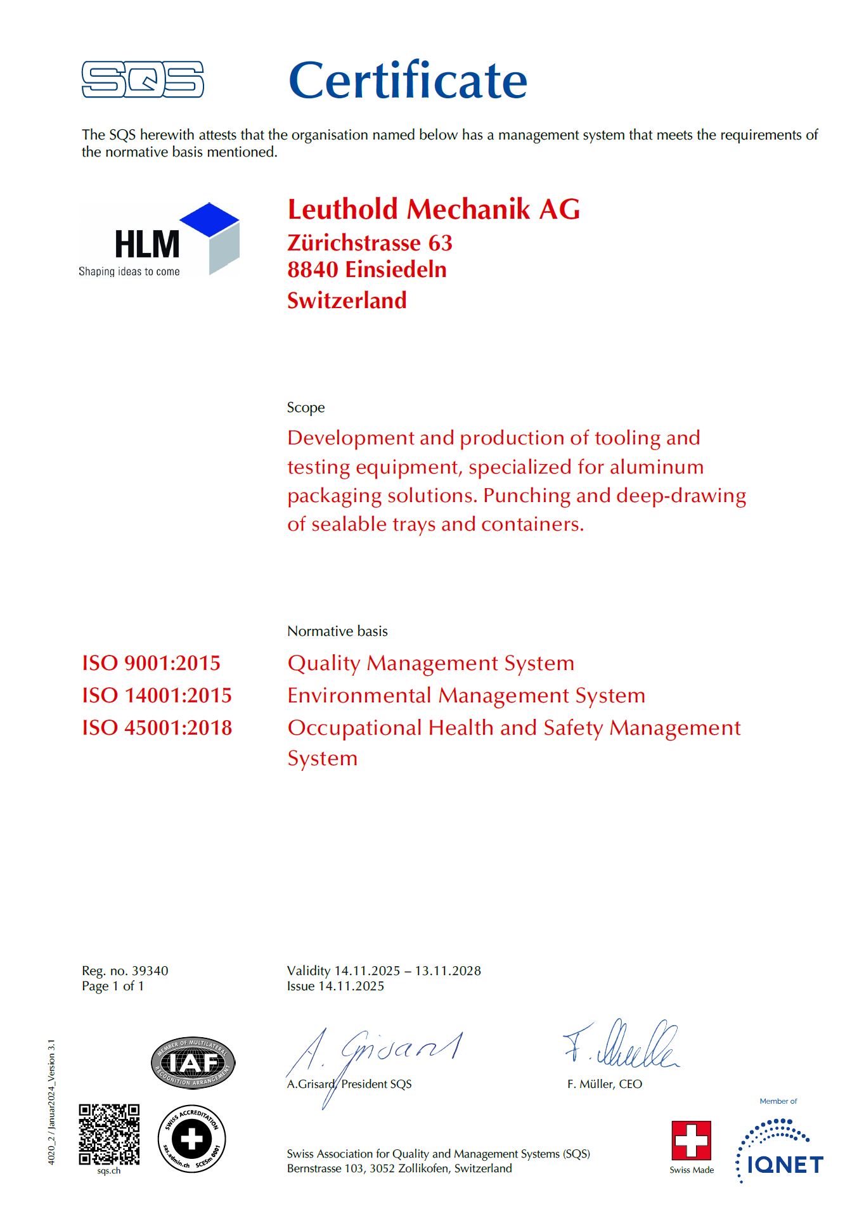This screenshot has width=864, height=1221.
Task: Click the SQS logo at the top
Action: [x=143, y=79]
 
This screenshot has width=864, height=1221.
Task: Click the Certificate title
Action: [x=408, y=81]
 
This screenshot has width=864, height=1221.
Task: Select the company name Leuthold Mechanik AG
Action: [x=434, y=209]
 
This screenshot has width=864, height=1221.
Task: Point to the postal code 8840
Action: [x=313, y=269]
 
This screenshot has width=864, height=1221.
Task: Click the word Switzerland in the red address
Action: [x=347, y=300]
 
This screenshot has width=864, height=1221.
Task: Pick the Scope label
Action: [x=306, y=408]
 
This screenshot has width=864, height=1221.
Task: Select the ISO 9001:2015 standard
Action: [x=151, y=663]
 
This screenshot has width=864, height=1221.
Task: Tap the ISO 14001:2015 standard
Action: [x=157, y=695]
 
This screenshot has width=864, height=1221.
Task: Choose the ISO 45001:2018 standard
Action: [x=157, y=728]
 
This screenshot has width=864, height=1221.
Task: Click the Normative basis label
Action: [x=337, y=631]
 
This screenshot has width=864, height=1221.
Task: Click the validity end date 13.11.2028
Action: [x=448, y=971]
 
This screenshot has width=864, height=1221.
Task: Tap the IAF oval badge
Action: [x=193, y=1063]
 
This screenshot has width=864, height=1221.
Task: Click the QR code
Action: [x=109, y=1134]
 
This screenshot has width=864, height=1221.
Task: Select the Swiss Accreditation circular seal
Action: [x=191, y=1139]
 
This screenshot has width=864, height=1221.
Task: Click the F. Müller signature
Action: [x=621, y=1045]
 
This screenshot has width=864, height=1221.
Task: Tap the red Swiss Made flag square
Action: [x=691, y=1140]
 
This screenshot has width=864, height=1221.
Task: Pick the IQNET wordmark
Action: [x=785, y=1165]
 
